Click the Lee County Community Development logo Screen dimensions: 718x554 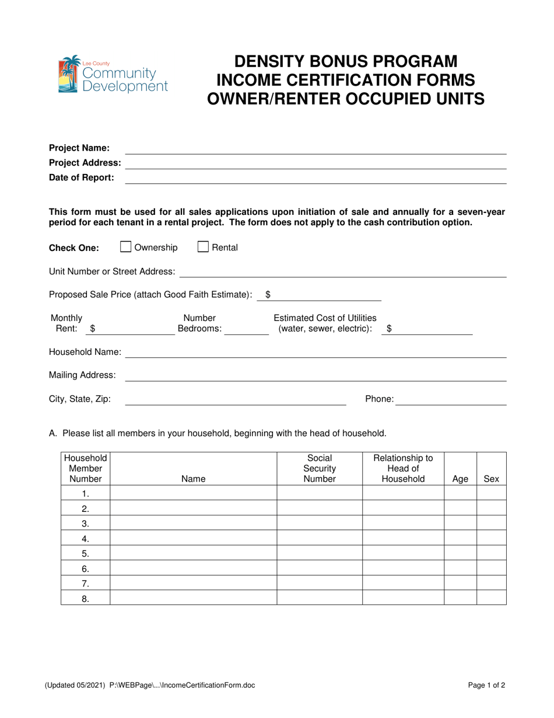113,75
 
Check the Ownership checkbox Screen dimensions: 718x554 125,247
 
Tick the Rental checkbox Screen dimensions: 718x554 203,247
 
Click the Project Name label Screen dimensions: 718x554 79,148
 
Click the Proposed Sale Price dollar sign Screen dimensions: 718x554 268,295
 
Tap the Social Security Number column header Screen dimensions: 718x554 319,469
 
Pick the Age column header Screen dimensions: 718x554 460,479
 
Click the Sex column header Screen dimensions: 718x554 492,479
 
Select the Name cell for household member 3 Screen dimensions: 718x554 193,523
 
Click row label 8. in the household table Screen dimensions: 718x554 85,597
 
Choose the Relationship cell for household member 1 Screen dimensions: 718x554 403,494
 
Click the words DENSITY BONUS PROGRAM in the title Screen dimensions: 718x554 346,61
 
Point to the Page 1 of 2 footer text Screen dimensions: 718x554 487,686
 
